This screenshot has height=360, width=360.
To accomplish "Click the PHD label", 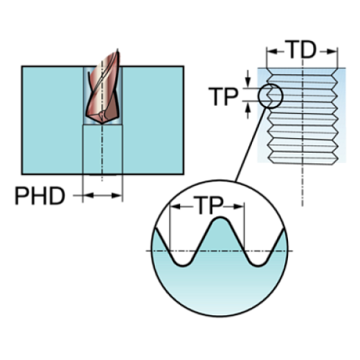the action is [40, 195].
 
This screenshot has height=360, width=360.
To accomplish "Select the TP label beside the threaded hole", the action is [223, 96].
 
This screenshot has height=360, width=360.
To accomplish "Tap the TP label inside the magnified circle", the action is [209, 205].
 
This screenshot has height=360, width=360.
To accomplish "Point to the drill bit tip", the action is [102, 123].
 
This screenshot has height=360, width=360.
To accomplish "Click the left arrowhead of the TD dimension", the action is [272, 51].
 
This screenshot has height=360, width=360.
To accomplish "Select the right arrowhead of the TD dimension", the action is [332, 51].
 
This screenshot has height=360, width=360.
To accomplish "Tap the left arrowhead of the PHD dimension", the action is [88, 195].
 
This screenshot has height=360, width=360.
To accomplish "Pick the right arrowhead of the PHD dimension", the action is [117, 195].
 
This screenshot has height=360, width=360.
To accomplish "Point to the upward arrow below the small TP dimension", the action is [248, 110].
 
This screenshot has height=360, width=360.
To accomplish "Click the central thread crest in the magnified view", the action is [220, 217].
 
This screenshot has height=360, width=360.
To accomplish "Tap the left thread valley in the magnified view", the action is [183, 265].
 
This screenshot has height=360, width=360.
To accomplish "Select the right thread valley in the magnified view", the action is [258, 265].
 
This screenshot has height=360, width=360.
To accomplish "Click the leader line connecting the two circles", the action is [251, 145].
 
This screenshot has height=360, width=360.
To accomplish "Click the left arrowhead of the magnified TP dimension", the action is [176, 206].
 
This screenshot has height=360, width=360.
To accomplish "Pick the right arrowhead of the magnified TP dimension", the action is [239, 206].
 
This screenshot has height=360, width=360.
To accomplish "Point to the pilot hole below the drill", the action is [102, 149].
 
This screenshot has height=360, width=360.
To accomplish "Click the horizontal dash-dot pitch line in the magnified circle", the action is [219, 251].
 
